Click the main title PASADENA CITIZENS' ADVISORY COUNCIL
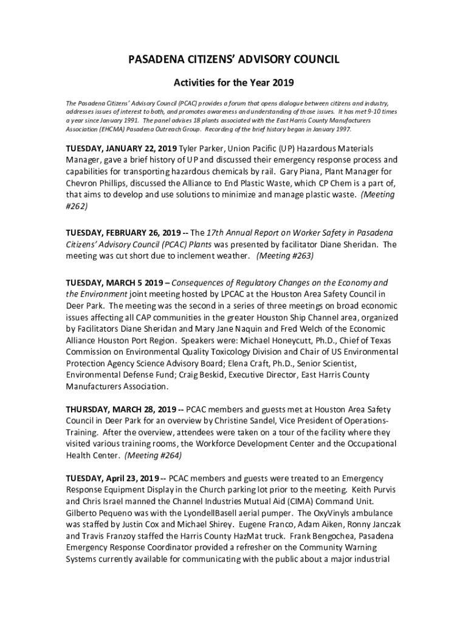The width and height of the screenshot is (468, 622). [233, 59]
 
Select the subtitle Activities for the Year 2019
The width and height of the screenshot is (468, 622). [233, 81]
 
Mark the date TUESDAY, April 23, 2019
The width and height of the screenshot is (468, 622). [112, 479]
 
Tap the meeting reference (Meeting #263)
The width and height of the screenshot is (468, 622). [285, 256]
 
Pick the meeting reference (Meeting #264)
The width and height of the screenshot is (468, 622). [153, 455]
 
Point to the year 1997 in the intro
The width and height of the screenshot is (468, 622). [341, 129]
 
